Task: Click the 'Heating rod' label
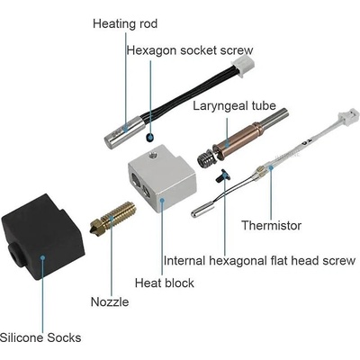pyautogui.click(x=125, y=23)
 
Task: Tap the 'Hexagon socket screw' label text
pyautogui.click(x=190, y=50)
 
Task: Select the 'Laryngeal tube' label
pyautogui.click(x=234, y=106)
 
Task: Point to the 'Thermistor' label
pyautogui.click(x=271, y=225)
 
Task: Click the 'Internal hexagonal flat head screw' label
pyautogui.click(x=259, y=261)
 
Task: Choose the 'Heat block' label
pyautogui.click(x=165, y=283)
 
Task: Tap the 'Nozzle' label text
pyautogui.click(x=110, y=301)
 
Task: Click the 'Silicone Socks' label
pyautogui.click(x=40, y=337)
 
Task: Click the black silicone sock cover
pyautogui.click(x=42, y=237)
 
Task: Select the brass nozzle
pyautogui.click(x=112, y=218)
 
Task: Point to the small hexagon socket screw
pyautogui.click(x=149, y=137)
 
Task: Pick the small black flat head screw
pyautogui.click(x=222, y=175)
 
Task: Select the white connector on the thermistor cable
pyautogui.click(x=348, y=116)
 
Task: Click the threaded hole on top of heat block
pyautogui.click(x=153, y=155)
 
